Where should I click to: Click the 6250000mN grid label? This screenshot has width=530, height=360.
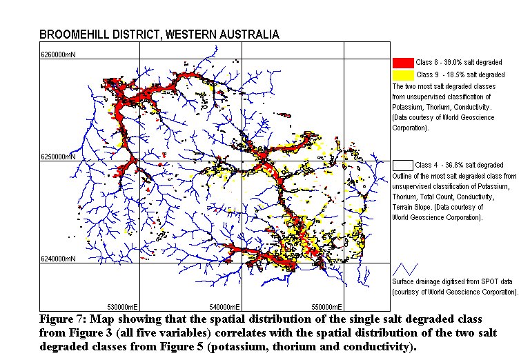(59, 157)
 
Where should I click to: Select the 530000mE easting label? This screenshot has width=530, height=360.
(121, 306)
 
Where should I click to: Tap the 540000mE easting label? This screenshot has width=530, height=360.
(224, 306)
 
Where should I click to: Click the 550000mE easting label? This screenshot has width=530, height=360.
(326, 306)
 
